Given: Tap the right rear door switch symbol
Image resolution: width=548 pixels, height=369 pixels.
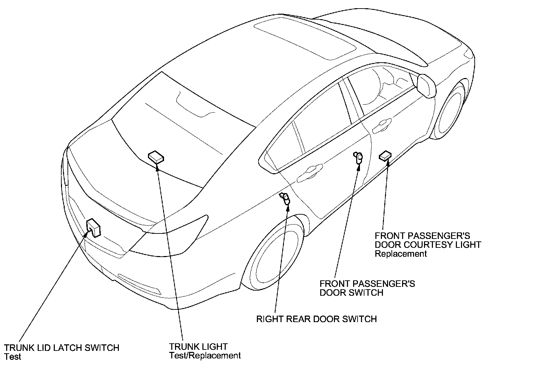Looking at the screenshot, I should (285, 198).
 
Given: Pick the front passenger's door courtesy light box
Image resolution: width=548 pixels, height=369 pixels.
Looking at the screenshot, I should (385, 155).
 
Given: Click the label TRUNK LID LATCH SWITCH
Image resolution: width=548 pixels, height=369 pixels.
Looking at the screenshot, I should (62, 348).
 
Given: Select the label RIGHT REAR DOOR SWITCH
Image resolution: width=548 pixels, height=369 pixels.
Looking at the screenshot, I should (316, 319).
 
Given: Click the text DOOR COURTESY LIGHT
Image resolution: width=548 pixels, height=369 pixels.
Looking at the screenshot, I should (428, 245).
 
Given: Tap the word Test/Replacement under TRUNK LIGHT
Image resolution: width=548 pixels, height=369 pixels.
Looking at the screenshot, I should (205, 356).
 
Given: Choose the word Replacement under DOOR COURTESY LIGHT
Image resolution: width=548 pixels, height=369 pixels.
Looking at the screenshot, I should (401, 254).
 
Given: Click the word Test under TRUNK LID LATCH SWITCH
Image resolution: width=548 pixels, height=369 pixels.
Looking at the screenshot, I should (13, 357).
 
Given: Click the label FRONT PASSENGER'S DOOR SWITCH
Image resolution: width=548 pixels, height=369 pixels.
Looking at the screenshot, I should (367, 288).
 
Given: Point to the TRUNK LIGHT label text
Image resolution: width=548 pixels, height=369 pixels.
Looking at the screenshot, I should (198, 347).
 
